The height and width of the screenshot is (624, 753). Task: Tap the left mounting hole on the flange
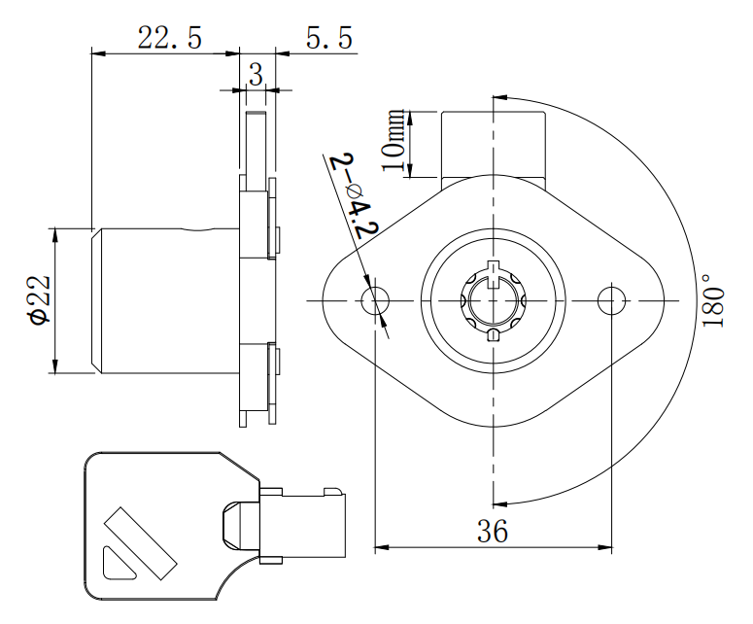(x=375, y=300)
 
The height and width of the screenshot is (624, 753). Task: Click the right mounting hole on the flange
(x=612, y=300)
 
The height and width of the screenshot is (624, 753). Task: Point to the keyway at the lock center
(x=493, y=300)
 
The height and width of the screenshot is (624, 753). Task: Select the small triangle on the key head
(x=117, y=564)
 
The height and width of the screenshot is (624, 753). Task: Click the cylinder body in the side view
(x=165, y=300)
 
